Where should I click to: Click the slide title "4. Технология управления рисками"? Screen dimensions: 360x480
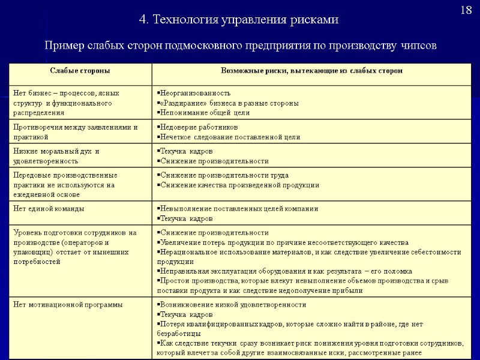[x=239, y=20]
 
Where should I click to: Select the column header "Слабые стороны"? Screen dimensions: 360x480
[x=80, y=71]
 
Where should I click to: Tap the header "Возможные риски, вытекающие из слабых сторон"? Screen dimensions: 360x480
[x=311, y=71]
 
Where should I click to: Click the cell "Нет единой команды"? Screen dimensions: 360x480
[x=49, y=209]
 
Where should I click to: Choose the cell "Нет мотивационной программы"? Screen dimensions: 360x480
[x=67, y=305]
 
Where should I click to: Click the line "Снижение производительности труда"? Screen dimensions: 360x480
[x=224, y=175]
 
